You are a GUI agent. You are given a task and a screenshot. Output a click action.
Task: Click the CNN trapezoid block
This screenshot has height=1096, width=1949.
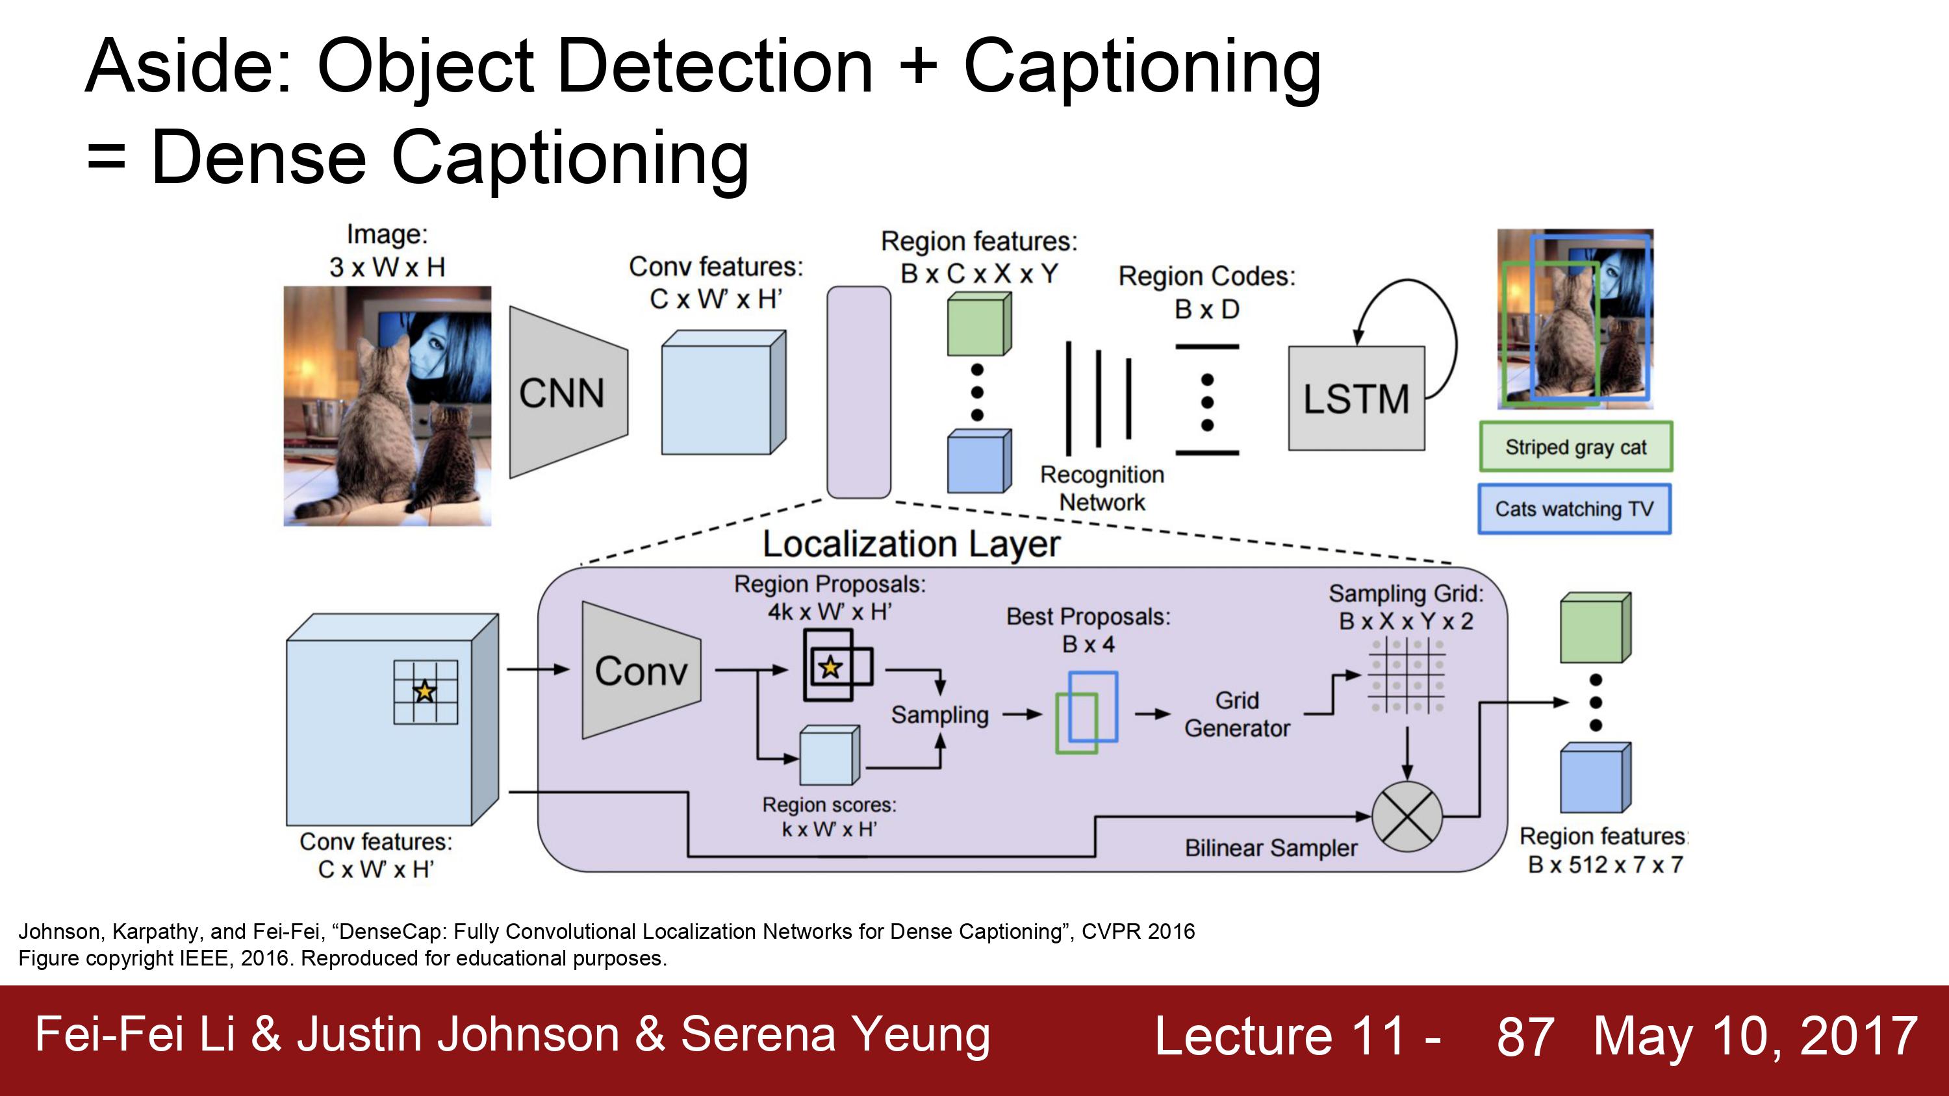(568, 393)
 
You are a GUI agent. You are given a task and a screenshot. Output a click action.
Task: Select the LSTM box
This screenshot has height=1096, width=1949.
(1357, 399)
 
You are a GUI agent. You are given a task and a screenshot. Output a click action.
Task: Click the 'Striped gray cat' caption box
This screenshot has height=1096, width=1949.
(1576, 447)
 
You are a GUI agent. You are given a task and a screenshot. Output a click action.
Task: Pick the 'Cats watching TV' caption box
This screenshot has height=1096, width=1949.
(1575, 509)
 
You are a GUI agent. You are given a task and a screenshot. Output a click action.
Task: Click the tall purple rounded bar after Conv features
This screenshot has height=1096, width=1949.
(859, 392)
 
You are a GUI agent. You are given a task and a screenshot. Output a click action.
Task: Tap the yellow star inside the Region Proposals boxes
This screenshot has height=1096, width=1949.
(831, 667)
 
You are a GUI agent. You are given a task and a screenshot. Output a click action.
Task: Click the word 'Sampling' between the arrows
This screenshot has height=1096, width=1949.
(939, 715)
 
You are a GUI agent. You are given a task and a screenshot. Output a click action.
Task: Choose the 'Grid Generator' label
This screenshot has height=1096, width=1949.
(1237, 714)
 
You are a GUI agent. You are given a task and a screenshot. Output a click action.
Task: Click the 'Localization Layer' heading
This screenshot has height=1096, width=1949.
(911, 544)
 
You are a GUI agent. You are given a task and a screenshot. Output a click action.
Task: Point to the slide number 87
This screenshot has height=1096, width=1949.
(1525, 1036)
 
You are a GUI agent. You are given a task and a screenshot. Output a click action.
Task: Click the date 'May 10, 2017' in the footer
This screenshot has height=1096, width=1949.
(1755, 1036)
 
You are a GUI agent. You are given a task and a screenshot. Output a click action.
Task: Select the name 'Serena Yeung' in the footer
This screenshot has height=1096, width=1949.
(835, 1035)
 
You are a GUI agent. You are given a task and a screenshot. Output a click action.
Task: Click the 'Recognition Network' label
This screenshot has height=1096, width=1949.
(1102, 488)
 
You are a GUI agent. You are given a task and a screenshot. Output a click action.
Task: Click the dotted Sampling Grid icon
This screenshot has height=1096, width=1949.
(1407, 675)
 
